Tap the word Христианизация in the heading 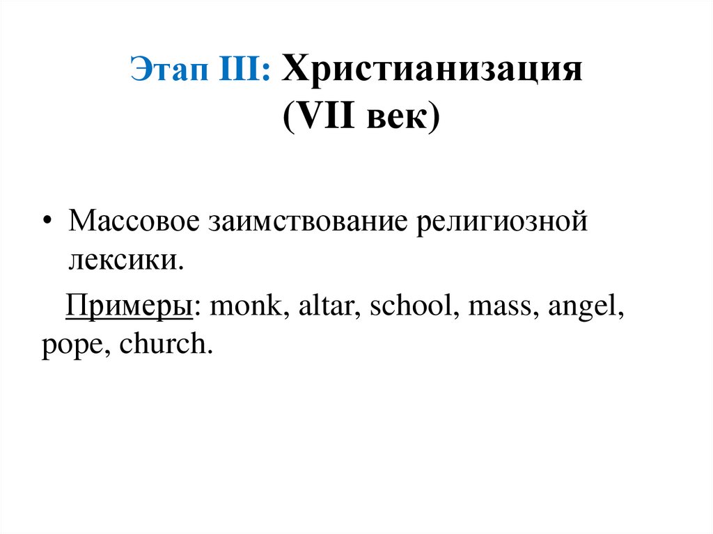tap(432, 71)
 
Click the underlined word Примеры tap(128, 307)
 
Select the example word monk tap(244, 307)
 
